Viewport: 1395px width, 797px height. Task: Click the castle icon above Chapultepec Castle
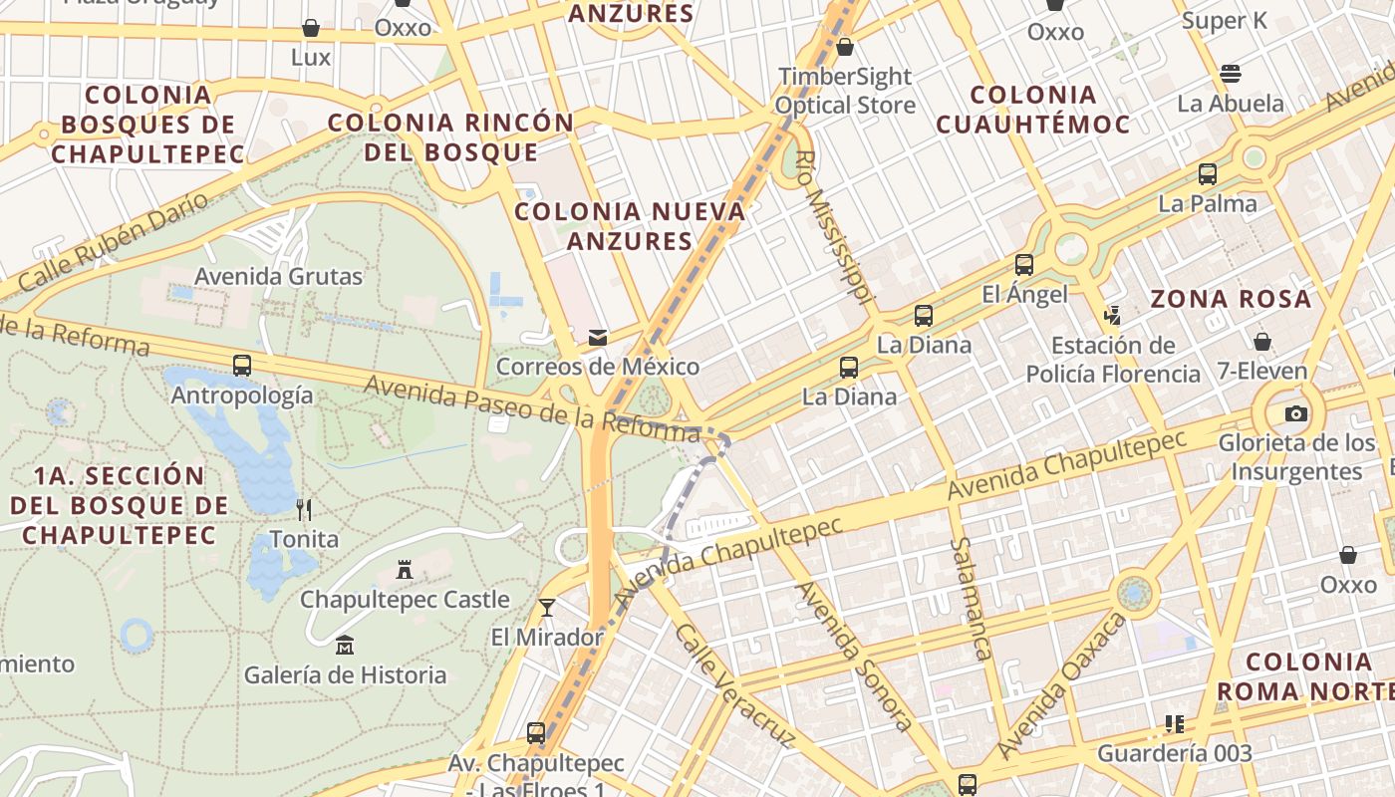(x=405, y=570)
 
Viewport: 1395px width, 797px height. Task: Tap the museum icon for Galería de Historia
(x=345, y=646)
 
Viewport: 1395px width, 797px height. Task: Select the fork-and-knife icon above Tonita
(x=304, y=510)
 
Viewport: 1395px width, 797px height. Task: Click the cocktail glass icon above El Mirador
(x=546, y=607)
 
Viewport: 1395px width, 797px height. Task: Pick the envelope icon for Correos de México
(x=598, y=337)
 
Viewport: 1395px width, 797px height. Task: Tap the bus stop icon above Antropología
(x=242, y=366)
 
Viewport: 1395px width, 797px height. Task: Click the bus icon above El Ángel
(x=1024, y=265)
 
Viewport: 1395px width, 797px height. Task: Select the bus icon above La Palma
(x=1208, y=174)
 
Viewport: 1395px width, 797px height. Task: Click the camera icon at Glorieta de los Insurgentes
(x=1295, y=413)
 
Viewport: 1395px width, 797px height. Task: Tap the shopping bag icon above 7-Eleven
(x=1262, y=342)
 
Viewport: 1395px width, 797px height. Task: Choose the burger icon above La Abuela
(x=1231, y=74)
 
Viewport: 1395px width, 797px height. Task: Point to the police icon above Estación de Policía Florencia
(x=1112, y=316)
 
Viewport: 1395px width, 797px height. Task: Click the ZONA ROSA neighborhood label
(x=1231, y=299)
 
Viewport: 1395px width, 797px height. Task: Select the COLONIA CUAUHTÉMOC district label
(x=1032, y=110)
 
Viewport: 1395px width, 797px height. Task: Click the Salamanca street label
(x=970, y=599)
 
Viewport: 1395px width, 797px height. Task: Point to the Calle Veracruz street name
(x=733, y=685)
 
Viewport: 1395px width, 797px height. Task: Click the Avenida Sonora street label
(x=853, y=656)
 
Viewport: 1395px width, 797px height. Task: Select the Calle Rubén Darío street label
(x=115, y=243)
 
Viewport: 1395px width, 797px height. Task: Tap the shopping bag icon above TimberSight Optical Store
(x=845, y=47)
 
